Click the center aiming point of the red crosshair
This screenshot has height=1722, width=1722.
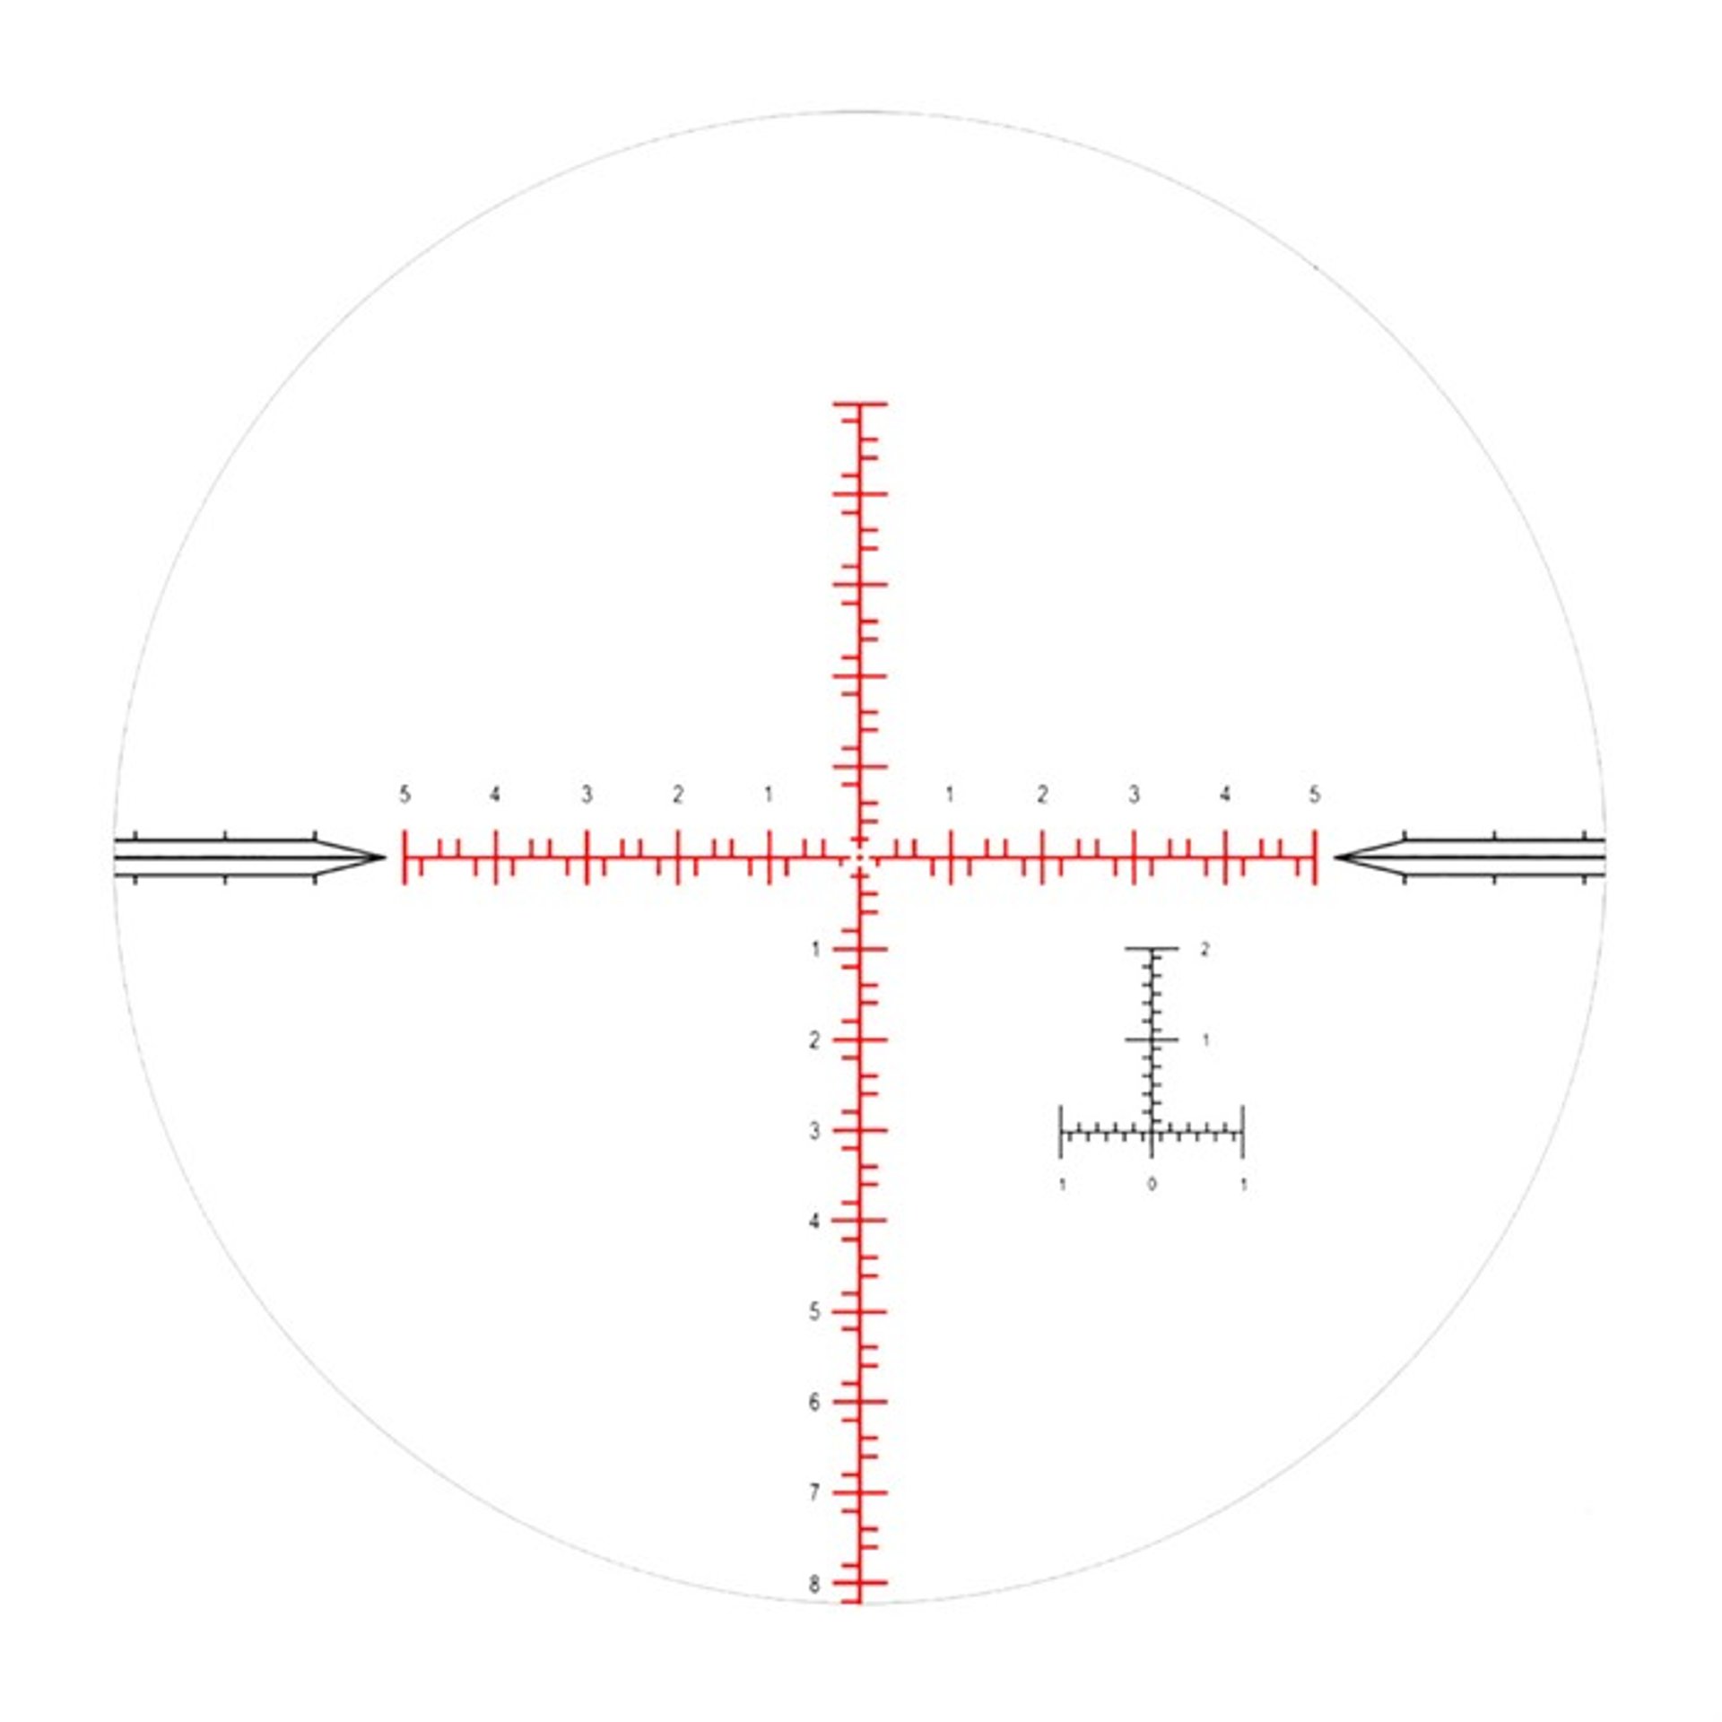coord(859,857)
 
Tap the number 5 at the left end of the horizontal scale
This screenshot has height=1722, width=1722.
coord(404,795)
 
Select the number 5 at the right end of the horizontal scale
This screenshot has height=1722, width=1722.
coord(1314,795)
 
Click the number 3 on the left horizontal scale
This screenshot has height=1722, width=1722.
coord(587,795)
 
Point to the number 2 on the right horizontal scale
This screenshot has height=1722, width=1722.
coord(1041,795)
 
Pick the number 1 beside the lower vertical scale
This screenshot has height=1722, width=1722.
coord(814,949)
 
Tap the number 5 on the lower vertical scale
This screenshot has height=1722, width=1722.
coord(814,1312)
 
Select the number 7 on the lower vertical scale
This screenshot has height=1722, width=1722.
coord(814,1493)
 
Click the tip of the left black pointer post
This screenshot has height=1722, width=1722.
coord(383,857)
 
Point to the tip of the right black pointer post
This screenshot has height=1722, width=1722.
coord(1336,857)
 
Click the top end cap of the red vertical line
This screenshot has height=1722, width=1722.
coord(859,404)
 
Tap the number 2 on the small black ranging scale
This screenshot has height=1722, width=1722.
coord(1205,949)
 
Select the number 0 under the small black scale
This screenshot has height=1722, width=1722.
coord(1152,1185)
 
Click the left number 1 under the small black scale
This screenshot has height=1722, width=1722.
coord(1063,1185)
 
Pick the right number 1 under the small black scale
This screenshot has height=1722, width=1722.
coord(1243,1185)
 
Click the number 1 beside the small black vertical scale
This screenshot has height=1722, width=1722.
coord(1205,1040)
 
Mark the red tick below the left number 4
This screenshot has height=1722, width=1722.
coord(496,857)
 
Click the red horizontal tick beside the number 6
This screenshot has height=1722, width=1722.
coord(859,1402)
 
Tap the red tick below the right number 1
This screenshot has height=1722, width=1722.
coord(951,857)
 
